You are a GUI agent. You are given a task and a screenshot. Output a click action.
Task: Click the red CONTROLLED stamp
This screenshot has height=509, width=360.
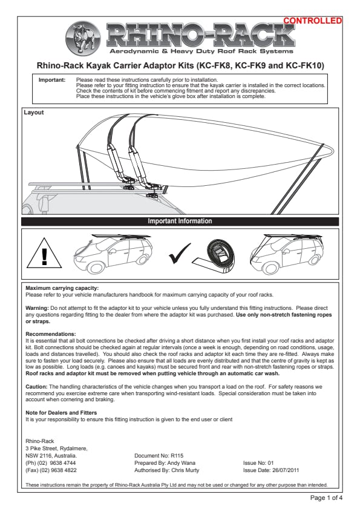point(313,21)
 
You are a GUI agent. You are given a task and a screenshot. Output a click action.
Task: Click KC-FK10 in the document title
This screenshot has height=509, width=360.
point(305,66)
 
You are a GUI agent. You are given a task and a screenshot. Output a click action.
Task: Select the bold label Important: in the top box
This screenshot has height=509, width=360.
point(52,80)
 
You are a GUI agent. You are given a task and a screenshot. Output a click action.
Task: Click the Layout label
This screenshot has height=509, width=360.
point(34,113)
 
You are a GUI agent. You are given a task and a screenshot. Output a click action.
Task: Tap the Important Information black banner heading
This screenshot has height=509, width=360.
point(180,222)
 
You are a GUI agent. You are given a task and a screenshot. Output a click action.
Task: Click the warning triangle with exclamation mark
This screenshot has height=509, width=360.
point(44,253)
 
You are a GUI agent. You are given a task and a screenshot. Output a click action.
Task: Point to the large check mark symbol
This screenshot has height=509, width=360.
point(180,254)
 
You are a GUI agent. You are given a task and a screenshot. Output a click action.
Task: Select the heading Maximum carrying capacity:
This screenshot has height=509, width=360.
point(62,288)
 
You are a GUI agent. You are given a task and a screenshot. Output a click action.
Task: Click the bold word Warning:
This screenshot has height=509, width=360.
point(38,308)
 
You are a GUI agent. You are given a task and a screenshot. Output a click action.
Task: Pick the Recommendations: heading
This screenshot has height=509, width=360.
point(51,334)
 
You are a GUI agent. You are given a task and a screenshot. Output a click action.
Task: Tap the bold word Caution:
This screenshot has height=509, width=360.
point(37,387)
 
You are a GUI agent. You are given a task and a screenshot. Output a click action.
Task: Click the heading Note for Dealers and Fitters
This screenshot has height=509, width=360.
point(61,413)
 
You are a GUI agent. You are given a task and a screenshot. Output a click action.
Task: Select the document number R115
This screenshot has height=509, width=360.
point(177,456)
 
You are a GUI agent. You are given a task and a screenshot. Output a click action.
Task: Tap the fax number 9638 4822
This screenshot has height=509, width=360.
point(64,470)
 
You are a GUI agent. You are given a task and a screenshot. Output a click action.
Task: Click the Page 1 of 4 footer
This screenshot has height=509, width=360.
point(326,498)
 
